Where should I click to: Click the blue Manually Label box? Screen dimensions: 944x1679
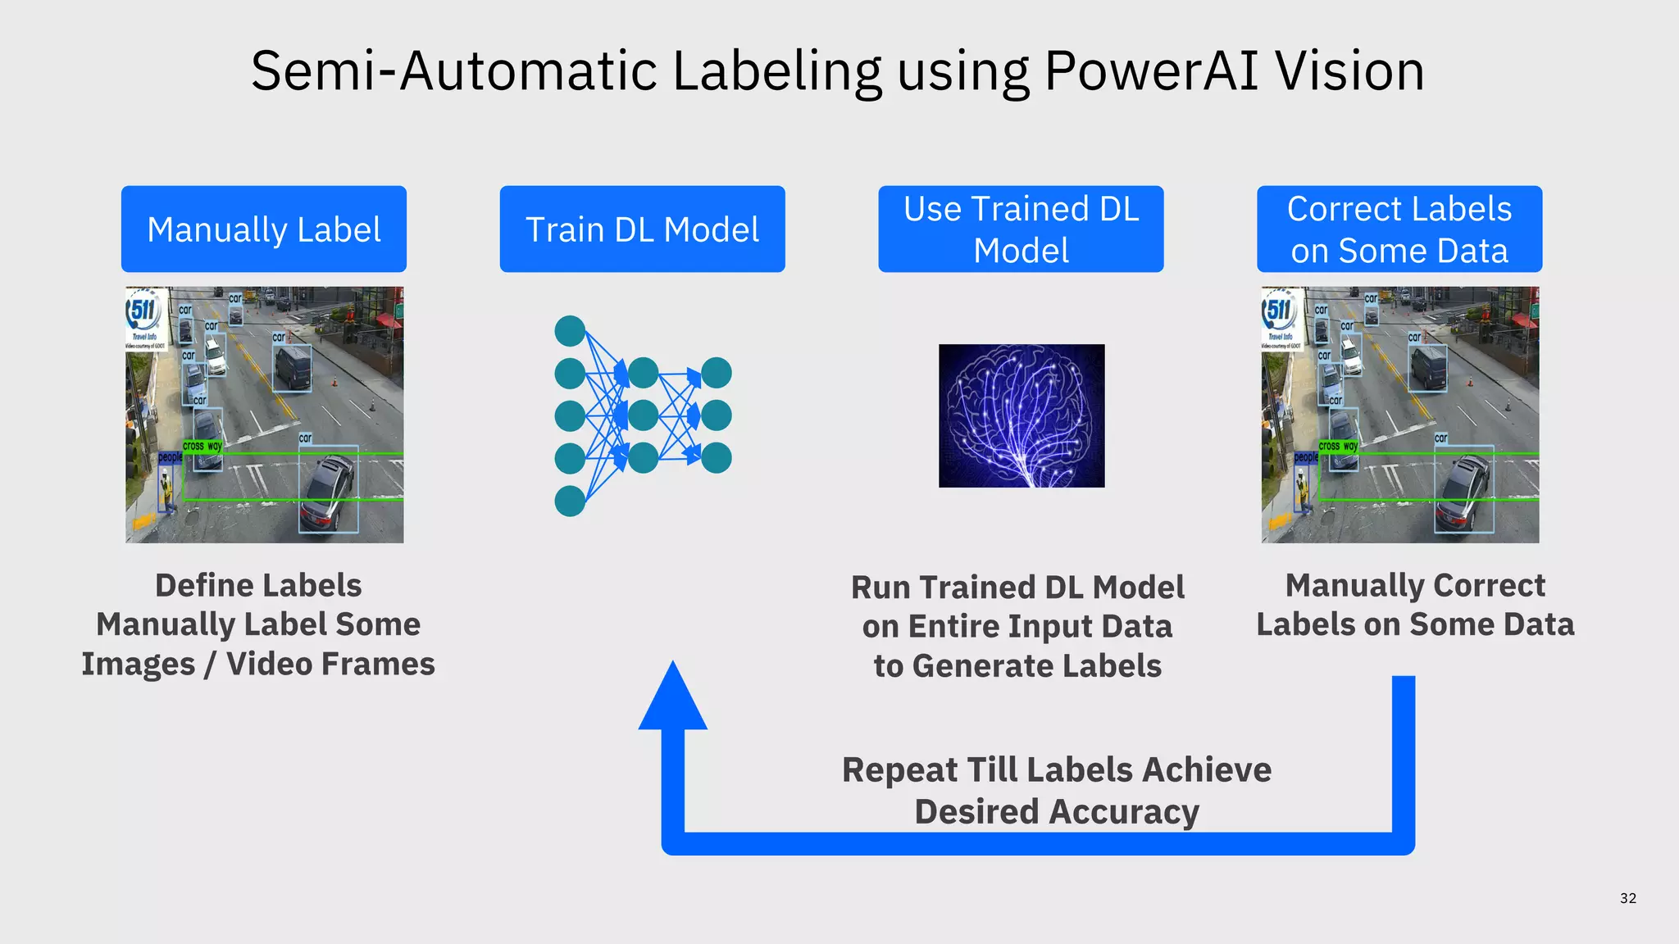tap(263, 229)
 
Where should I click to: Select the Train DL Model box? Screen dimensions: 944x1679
tap(642, 229)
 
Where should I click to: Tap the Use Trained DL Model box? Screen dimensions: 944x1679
tap(1021, 229)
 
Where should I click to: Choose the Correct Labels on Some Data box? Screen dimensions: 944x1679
tap(1399, 229)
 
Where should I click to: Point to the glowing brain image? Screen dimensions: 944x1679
tap(1022, 415)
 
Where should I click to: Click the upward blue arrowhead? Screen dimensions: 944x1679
tap(672, 697)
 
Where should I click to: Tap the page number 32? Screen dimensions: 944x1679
tap(1628, 898)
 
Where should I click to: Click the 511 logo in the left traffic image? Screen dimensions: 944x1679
tap(143, 311)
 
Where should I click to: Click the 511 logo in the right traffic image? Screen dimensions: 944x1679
tap(1279, 311)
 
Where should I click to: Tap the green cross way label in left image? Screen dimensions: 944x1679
tap(202, 447)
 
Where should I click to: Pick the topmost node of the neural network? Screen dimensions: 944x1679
tap(570, 331)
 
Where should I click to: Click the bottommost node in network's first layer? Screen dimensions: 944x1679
tap(570, 501)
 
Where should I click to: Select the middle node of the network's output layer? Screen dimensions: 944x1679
tap(716, 415)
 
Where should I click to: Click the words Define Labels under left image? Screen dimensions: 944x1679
tap(258, 585)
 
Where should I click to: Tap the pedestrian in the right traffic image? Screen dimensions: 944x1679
tap(1303, 492)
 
